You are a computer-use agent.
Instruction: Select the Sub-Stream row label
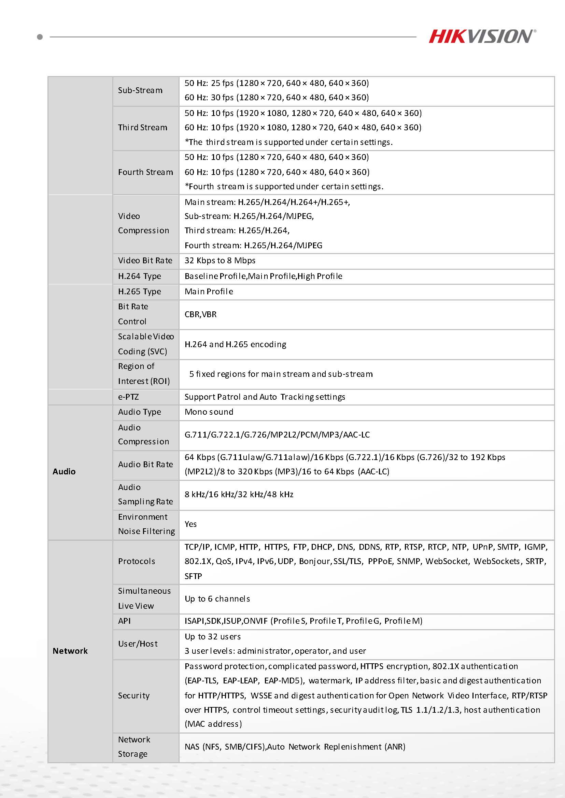(x=140, y=90)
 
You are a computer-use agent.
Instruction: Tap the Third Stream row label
(x=143, y=128)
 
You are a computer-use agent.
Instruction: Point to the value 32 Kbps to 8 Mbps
(x=220, y=261)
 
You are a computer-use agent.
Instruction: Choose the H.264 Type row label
(x=140, y=276)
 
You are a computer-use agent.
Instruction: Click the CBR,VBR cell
(x=200, y=314)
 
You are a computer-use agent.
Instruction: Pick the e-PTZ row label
(x=128, y=397)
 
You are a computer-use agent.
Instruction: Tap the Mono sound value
(x=209, y=412)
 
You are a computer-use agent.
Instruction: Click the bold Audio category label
(x=64, y=472)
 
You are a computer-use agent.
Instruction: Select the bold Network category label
(x=70, y=651)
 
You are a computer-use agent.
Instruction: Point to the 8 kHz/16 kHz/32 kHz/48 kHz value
(x=239, y=494)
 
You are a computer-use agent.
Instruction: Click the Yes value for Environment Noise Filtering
(x=190, y=524)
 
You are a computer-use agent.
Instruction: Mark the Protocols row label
(x=136, y=561)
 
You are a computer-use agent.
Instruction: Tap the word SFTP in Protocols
(x=194, y=576)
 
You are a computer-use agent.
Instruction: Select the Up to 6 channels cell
(x=217, y=599)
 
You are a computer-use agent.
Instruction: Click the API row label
(x=125, y=621)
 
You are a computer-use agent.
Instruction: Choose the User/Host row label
(x=138, y=644)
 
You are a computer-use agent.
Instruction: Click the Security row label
(x=133, y=695)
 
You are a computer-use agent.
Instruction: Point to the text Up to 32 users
(x=213, y=637)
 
